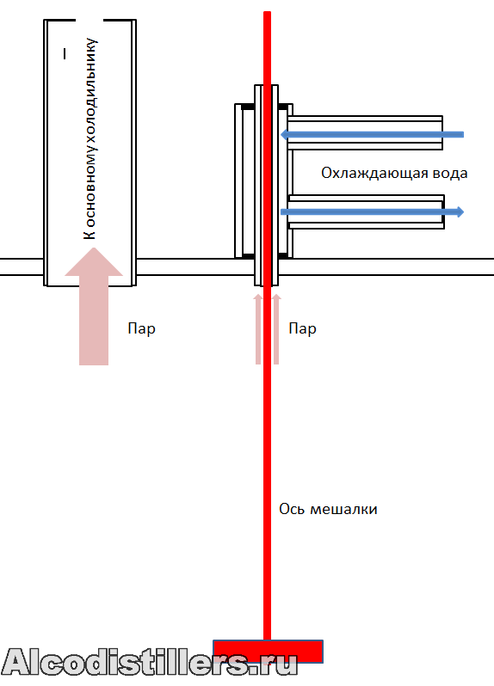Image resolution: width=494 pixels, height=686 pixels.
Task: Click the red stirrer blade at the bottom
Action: click(x=268, y=651)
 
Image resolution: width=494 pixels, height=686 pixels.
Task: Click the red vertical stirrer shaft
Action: click(x=267, y=326)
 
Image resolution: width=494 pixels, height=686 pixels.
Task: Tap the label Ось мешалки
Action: click(x=328, y=509)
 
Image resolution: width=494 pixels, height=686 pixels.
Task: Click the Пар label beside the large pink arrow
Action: click(x=141, y=328)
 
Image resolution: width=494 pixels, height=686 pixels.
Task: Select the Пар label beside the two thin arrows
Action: click(x=302, y=328)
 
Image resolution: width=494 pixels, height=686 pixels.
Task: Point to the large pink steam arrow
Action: click(x=94, y=306)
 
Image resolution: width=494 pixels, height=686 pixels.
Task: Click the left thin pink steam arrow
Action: click(x=258, y=329)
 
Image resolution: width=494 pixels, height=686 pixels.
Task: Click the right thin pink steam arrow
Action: click(x=276, y=329)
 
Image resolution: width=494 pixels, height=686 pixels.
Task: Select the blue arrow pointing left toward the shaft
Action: click(x=372, y=134)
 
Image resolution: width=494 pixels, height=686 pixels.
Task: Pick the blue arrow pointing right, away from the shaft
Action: click(x=372, y=212)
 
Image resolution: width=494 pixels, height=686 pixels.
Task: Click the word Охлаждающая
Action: click(x=375, y=174)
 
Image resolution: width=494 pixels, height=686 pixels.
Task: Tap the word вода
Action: click(x=450, y=174)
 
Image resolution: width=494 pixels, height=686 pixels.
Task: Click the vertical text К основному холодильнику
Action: click(x=90, y=138)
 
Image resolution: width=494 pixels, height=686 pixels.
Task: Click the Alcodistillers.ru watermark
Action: click(x=150, y=663)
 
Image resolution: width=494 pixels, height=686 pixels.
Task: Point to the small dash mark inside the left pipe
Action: click(x=65, y=53)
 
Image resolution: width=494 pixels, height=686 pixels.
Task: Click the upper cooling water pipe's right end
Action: click(x=442, y=132)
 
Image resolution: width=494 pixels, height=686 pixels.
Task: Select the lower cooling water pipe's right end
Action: click(x=443, y=211)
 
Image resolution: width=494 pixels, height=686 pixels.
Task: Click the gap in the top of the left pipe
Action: click(x=90, y=20)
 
